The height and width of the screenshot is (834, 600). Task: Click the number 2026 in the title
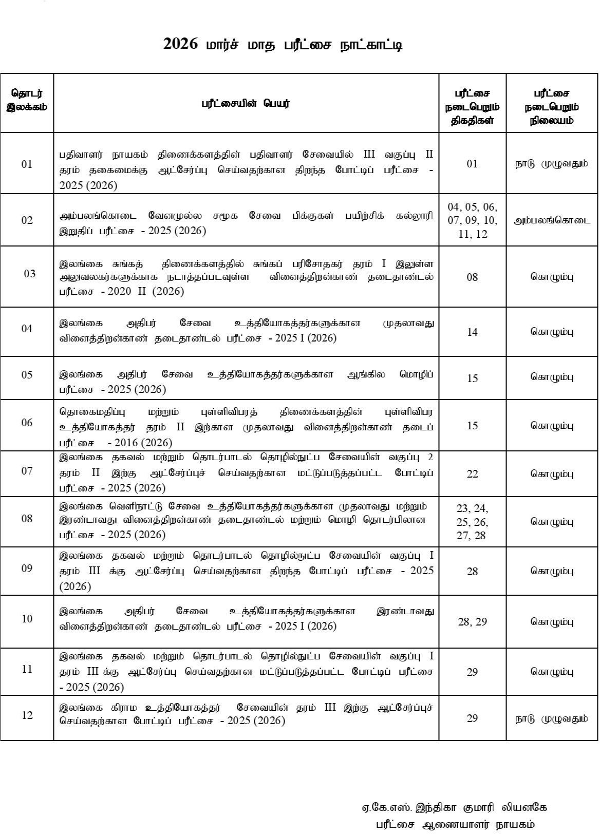point(180,45)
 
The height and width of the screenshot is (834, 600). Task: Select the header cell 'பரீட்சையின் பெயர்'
point(246,103)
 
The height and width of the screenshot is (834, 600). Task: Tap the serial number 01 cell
point(27,164)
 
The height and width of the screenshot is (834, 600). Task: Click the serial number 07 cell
point(27,471)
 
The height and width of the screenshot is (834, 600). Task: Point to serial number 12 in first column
point(27,715)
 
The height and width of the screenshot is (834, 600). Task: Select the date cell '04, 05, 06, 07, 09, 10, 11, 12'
point(472,220)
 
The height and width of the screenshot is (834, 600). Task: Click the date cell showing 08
point(472,277)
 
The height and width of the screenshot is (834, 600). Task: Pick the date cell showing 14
point(472,332)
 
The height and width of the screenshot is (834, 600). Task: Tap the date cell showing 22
point(472,473)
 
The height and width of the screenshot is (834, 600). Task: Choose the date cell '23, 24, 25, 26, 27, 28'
point(472,521)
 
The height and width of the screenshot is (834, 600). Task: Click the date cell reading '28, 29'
point(472,621)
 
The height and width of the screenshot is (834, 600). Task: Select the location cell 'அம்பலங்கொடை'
point(552,220)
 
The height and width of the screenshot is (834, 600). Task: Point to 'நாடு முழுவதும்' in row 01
point(552,164)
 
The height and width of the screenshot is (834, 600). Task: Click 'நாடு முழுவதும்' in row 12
point(552,718)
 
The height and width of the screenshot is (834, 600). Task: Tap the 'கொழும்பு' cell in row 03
point(552,277)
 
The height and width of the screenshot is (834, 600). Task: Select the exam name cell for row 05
point(246,382)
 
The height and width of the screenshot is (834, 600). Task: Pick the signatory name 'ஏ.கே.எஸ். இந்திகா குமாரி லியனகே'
point(454,807)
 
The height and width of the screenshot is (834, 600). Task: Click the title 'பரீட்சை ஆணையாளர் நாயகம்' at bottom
point(454,824)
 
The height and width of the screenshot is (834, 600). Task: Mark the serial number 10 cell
point(27,618)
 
